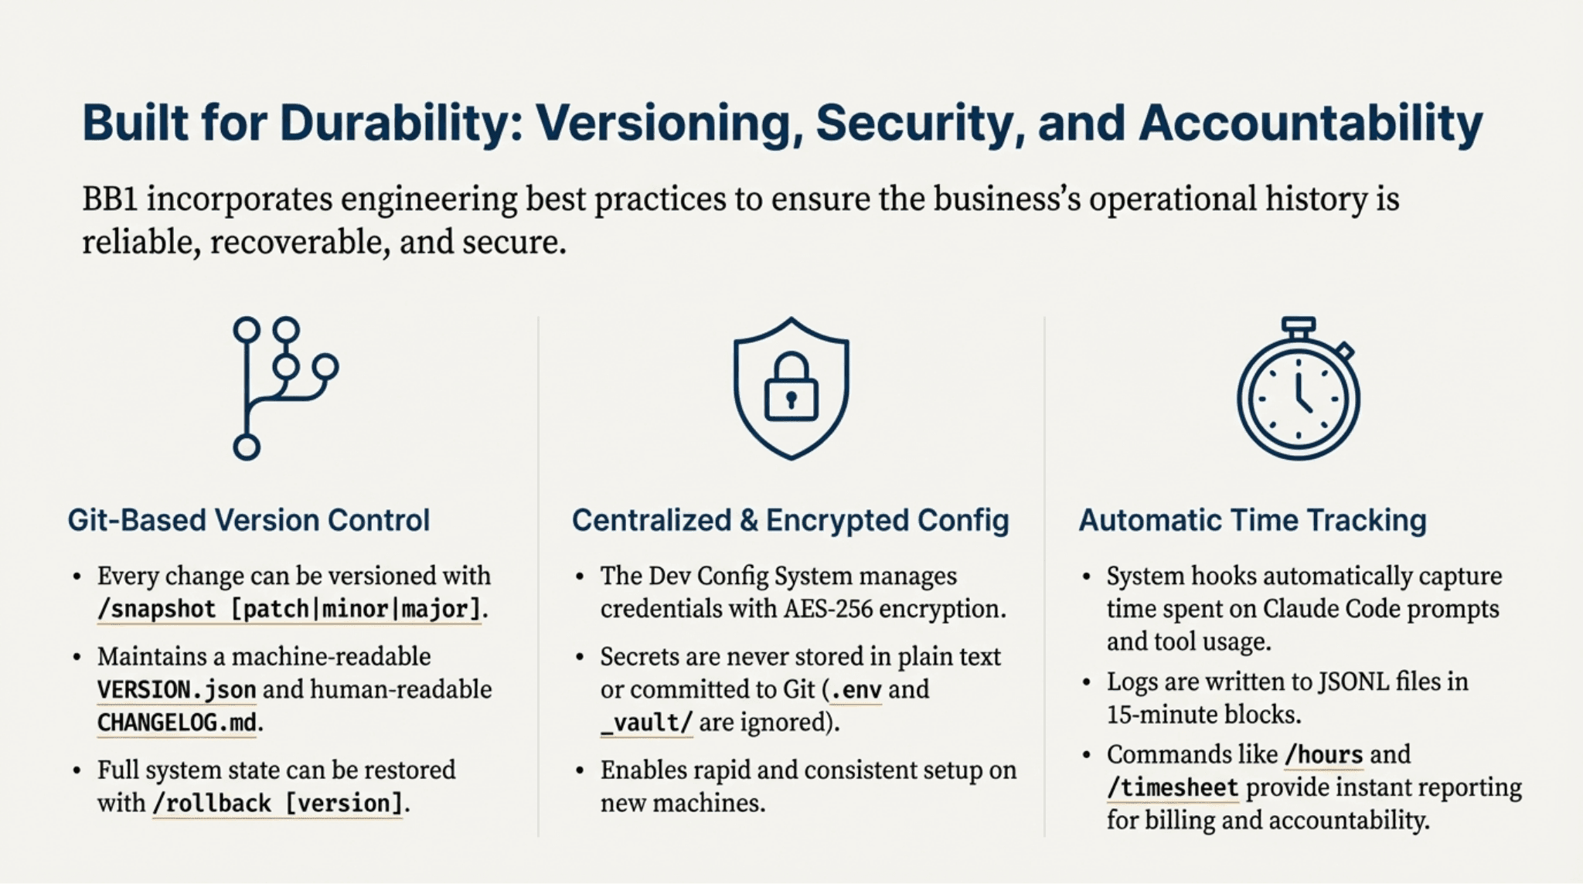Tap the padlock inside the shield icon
coord(791,389)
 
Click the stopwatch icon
coord(1298,389)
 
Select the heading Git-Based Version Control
coord(248,520)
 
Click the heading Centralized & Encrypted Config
coord(790,520)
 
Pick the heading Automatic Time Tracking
coord(1252,520)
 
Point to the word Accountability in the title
coord(1310,123)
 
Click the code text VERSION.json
coord(176,689)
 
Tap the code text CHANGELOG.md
coord(176,722)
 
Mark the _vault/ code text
coord(646,722)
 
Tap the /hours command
coord(1323,754)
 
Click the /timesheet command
coord(1173,787)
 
